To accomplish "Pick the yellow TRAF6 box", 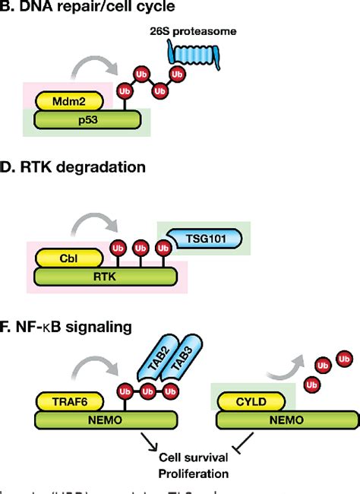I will point(69,397).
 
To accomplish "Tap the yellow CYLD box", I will point(254,397).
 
